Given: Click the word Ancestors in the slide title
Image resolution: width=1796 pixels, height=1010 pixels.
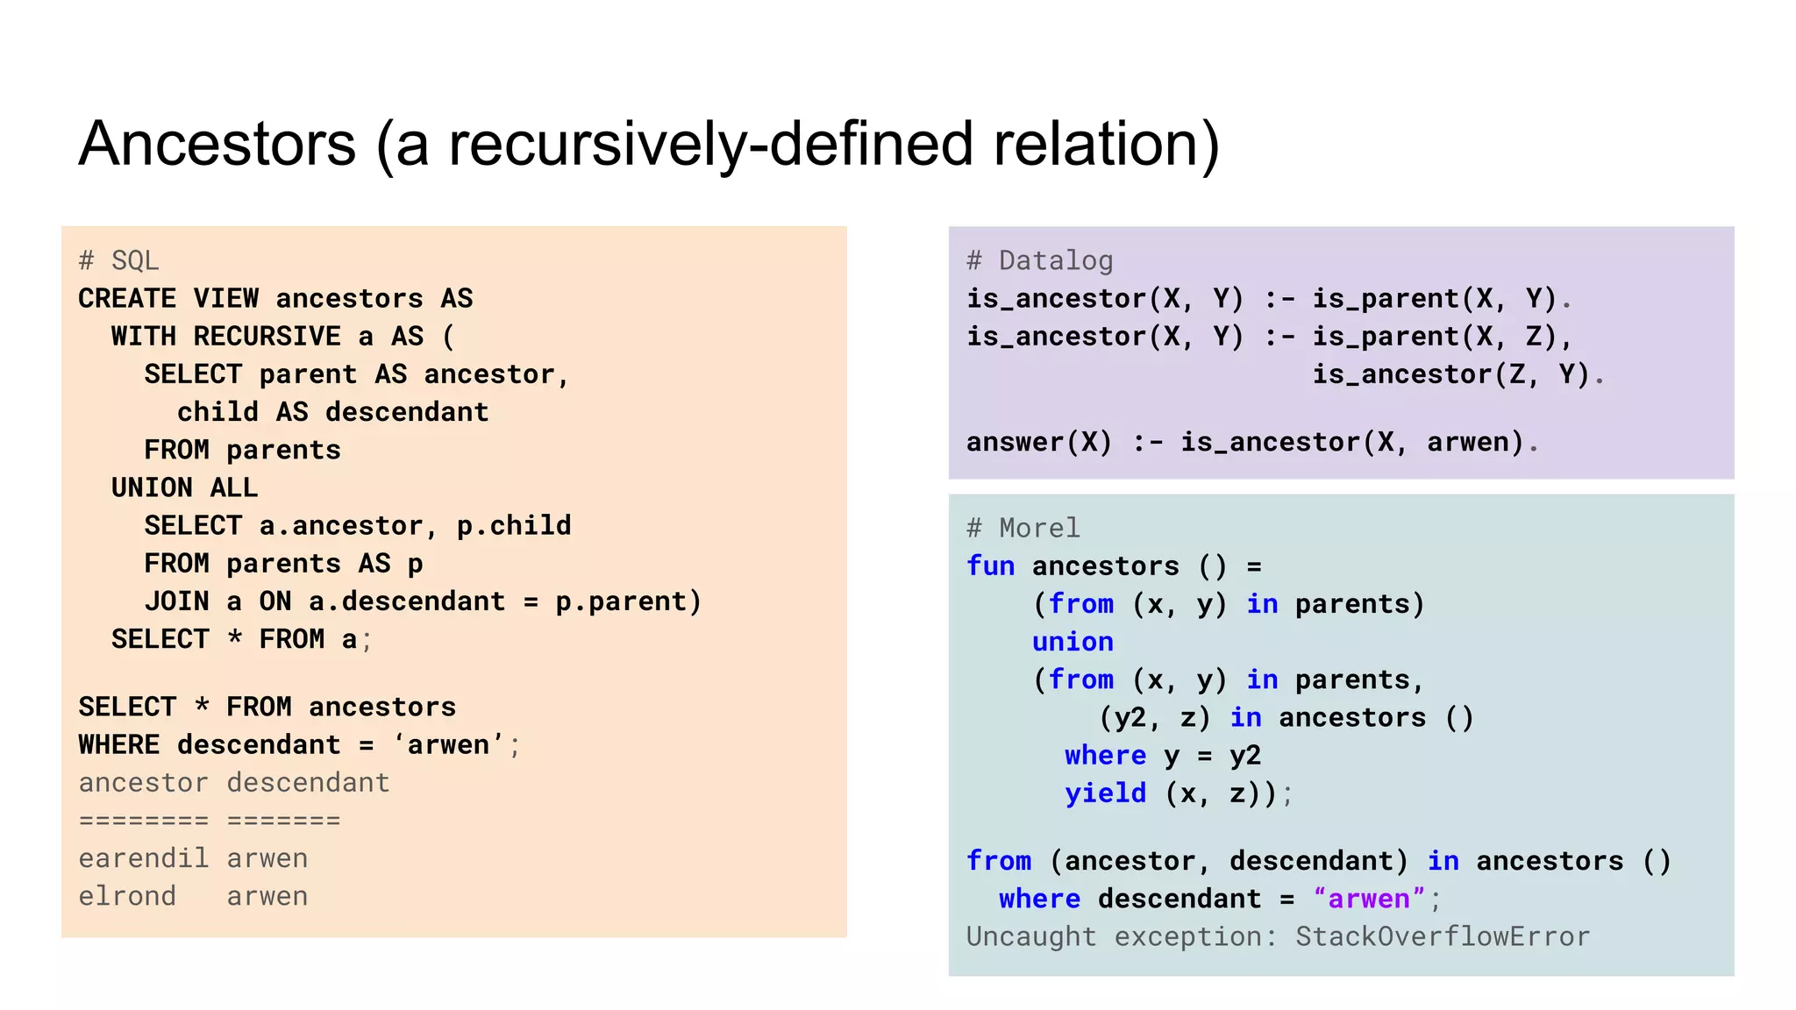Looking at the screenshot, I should [217, 145].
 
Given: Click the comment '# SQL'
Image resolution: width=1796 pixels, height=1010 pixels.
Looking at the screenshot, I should [118, 260].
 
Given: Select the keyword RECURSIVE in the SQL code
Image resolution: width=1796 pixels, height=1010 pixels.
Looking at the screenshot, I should [267, 336].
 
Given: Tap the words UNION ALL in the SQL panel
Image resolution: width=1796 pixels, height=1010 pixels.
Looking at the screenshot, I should [184, 487].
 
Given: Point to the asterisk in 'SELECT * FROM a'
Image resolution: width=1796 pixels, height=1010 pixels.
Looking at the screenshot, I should [234, 638].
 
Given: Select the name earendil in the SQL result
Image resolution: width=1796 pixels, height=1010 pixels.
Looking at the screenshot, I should [143, 857].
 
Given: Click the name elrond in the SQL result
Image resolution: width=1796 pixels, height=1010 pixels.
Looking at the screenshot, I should [127, 896].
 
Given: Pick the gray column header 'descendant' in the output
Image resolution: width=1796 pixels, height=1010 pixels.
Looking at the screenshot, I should [308, 782].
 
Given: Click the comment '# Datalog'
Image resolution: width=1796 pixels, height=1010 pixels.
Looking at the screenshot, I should [1039, 260].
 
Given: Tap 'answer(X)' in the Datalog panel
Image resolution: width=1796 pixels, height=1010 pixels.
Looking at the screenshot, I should [1039, 442].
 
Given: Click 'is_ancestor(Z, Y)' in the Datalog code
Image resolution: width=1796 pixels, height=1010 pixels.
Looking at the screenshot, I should [1450, 374].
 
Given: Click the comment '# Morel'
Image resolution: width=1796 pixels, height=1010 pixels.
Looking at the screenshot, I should [1023, 528].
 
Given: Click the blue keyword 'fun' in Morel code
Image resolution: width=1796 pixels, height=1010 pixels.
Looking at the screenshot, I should [990, 565].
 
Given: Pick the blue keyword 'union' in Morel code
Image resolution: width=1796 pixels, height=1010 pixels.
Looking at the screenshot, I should [1073, 642].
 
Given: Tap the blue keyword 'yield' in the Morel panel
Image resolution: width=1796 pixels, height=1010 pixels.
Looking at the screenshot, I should [1105, 793].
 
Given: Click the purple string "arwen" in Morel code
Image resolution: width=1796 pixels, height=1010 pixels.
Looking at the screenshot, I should [1368, 899].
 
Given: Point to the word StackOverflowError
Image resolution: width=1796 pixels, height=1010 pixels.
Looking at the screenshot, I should [1442, 936].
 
